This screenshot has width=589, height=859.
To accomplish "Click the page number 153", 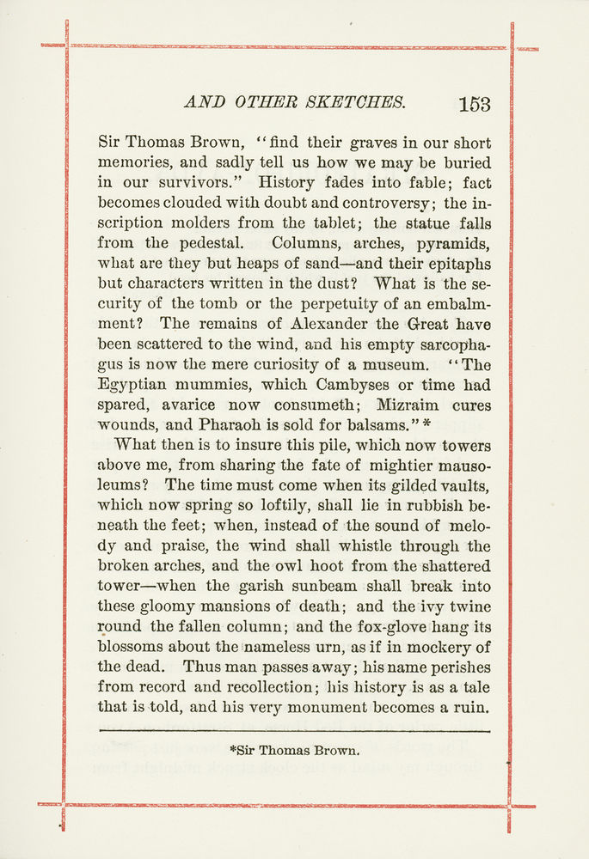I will click(x=475, y=104).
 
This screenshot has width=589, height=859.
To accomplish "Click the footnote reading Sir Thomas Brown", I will click(x=295, y=751).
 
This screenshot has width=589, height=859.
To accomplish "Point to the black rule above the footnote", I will click(x=295, y=731).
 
